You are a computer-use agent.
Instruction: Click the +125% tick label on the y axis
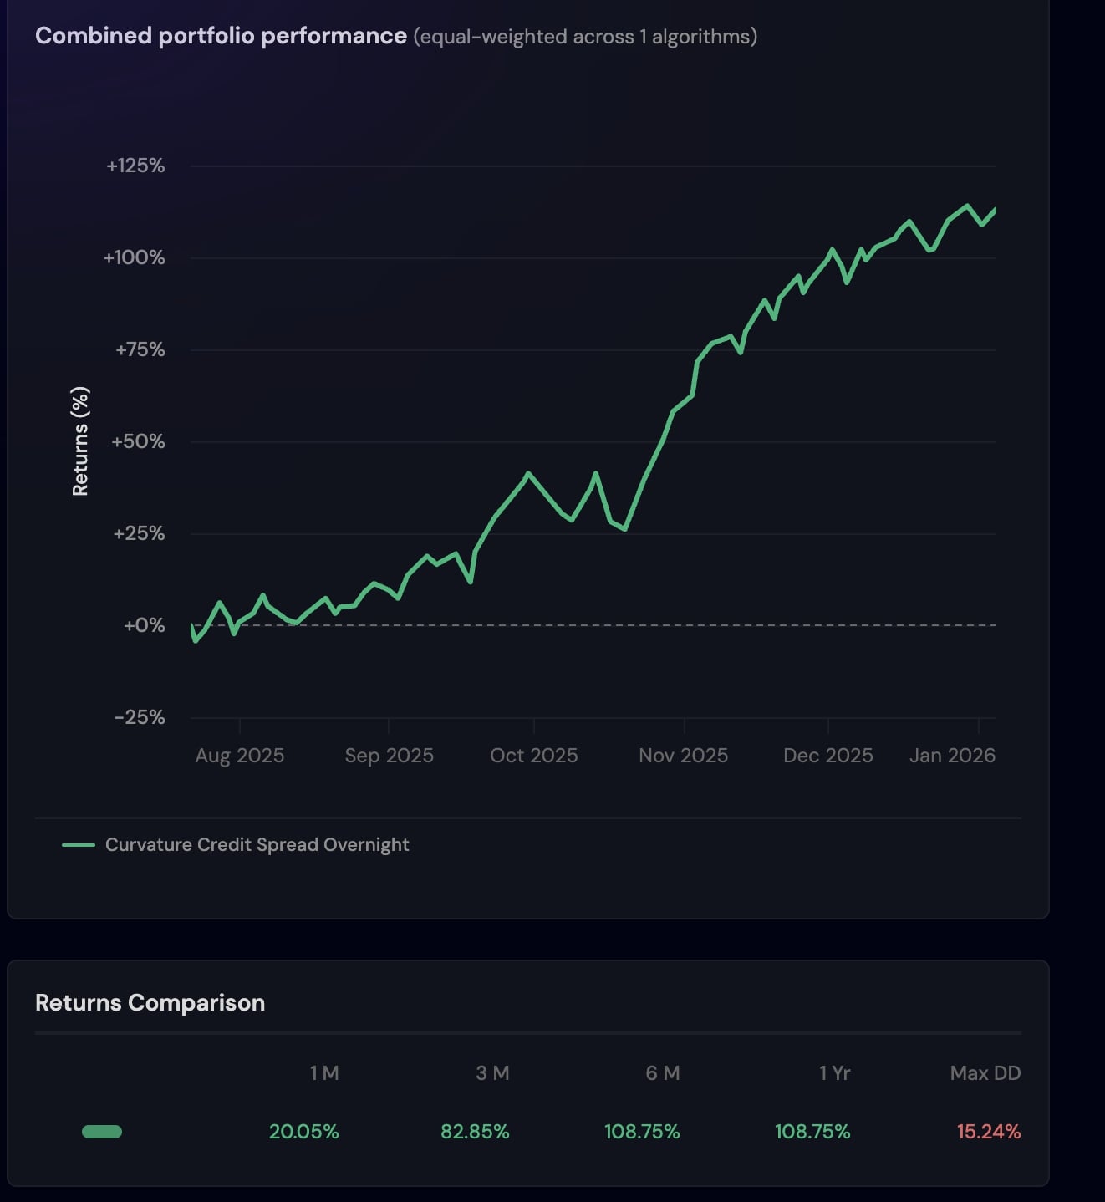coord(135,166)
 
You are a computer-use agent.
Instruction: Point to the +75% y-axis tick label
coord(140,349)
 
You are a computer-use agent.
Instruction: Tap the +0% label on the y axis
coord(144,625)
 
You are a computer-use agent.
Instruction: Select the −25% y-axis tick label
coord(140,717)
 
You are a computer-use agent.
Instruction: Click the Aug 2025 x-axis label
coord(240,756)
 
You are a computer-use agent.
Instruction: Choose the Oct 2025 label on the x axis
coord(534,756)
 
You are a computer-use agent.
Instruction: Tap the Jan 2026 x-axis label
coord(952,756)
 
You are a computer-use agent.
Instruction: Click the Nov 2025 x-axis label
coord(683,756)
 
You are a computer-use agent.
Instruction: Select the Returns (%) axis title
coord(80,441)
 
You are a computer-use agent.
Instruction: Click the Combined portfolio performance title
coord(221,36)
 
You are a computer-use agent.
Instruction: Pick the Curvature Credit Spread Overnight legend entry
coord(257,845)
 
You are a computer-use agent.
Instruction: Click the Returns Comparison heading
coord(150,1002)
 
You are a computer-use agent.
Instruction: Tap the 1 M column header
coord(324,1073)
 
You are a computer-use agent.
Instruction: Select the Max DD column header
coord(985,1073)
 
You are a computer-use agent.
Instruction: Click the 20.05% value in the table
coord(303,1132)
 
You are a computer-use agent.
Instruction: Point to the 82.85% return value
coord(475,1132)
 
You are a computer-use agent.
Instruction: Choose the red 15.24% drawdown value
coord(989,1132)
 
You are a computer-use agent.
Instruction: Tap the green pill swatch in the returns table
coord(102,1132)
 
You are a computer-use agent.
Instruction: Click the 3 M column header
coord(492,1073)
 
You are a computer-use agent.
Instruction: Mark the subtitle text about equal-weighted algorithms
coord(585,37)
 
